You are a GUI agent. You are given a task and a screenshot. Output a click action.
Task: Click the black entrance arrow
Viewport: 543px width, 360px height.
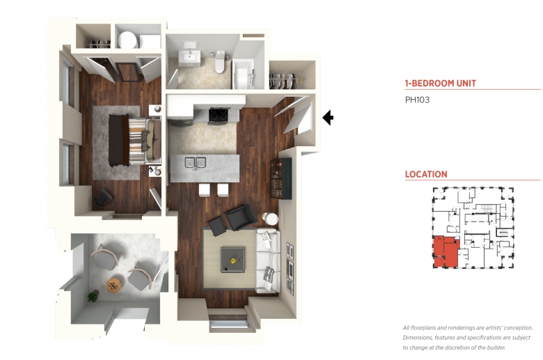point(328,118)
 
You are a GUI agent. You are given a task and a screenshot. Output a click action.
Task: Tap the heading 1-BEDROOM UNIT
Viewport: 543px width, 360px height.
point(441,83)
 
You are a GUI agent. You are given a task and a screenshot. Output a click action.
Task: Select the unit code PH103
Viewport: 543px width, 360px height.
point(417,100)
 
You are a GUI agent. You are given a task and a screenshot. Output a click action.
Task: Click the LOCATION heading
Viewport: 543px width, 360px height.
point(426,174)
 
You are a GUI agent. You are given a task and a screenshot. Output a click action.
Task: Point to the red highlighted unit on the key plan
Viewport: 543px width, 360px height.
point(446,252)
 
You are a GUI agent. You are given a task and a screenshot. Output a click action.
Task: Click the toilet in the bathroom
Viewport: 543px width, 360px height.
point(219,63)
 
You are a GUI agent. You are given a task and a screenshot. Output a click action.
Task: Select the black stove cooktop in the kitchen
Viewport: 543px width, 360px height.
point(218,115)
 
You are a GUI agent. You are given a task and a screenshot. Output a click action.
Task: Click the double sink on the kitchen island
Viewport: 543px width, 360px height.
point(196,162)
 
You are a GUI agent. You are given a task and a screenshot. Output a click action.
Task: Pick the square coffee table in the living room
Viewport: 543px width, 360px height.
point(233,259)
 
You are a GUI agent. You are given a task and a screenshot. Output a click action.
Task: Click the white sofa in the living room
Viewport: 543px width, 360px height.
point(267,260)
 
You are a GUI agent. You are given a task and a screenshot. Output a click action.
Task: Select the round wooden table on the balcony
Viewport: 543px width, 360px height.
point(113,285)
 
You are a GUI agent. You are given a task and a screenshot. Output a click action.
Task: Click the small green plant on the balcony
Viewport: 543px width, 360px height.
point(93,297)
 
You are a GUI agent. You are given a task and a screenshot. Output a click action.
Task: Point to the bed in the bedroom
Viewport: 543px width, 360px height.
point(135,140)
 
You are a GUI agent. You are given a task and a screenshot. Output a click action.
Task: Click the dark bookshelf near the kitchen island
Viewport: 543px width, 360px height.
point(281,178)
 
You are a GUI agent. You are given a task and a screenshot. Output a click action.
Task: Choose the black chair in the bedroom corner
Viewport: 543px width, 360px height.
point(103,198)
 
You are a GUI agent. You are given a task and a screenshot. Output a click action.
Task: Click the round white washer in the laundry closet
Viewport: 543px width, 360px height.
point(127,40)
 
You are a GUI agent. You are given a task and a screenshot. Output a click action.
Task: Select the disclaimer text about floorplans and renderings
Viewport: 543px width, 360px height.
point(468,338)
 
